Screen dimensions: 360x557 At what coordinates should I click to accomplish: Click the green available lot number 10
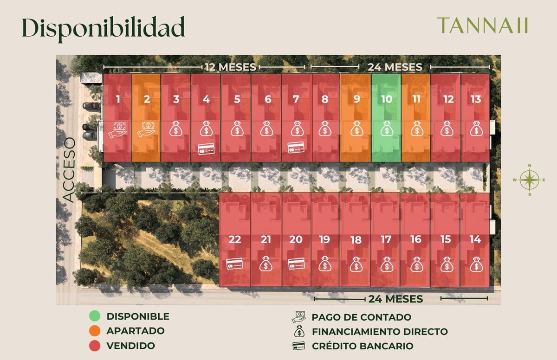pyautogui.click(x=387, y=99)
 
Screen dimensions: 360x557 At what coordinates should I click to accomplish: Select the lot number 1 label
pyautogui.click(x=118, y=99)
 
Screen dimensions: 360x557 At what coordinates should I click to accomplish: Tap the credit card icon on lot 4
pyautogui.click(x=206, y=149)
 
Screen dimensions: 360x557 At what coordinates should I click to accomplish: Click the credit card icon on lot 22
pyautogui.click(x=235, y=264)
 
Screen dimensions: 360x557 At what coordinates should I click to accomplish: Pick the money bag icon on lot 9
pyautogui.click(x=356, y=129)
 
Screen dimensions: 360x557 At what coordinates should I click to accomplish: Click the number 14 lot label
pyautogui.click(x=475, y=240)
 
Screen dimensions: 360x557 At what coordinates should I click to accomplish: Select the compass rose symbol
pyautogui.click(x=529, y=179)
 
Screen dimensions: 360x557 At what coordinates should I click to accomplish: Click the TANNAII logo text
pyautogui.click(x=483, y=26)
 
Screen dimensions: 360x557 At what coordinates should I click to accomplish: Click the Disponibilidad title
pyautogui.click(x=103, y=28)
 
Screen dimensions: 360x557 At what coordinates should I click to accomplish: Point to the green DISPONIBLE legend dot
pyautogui.click(x=95, y=316)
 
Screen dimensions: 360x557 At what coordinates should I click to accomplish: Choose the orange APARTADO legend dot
pyautogui.click(x=95, y=331)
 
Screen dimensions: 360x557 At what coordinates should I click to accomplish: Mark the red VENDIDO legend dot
pyautogui.click(x=95, y=346)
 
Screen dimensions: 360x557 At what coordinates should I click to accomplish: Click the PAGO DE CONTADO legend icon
pyautogui.click(x=299, y=317)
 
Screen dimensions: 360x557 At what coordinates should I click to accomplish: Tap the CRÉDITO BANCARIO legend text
pyautogui.click(x=362, y=346)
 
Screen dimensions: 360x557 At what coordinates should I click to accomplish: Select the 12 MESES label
pyautogui.click(x=231, y=67)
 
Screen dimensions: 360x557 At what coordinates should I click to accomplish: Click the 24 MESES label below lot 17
pyautogui.click(x=395, y=299)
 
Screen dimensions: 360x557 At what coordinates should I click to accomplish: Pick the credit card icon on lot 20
pyautogui.click(x=296, y=264)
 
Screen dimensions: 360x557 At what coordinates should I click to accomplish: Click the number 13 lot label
pyautogui.click(x=476, y=99)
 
